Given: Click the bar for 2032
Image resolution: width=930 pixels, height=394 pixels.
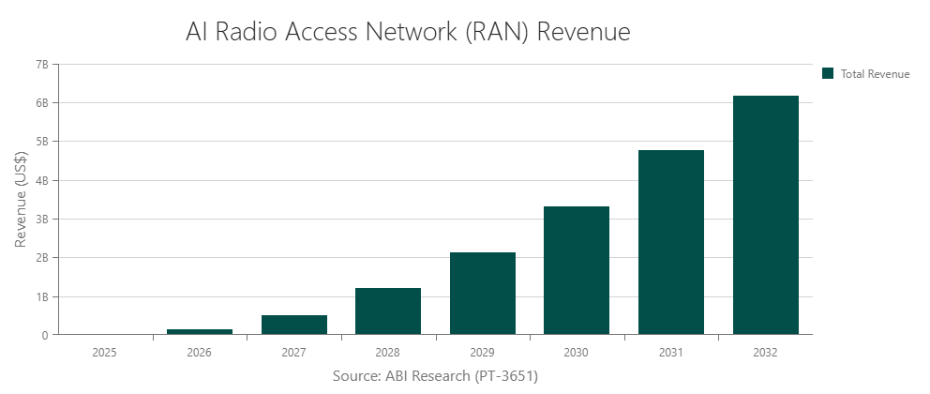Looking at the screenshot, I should (765, 215).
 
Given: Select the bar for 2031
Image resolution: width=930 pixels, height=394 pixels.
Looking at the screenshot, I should (671, 242).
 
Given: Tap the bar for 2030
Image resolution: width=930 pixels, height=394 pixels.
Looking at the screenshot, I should (577, 270).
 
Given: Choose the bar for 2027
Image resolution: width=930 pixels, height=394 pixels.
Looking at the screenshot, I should (294, 325).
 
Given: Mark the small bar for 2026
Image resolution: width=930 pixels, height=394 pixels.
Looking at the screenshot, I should (200, 331).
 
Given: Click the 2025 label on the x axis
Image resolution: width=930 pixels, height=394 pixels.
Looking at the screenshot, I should (105, 353).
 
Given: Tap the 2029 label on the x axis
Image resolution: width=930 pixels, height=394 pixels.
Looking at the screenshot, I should (483, 353).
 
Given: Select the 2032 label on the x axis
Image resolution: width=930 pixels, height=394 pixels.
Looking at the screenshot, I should (765, 353).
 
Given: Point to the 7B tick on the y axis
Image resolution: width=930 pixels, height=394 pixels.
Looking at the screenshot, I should (41, 64).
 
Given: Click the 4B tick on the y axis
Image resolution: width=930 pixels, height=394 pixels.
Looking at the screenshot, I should (41, 180).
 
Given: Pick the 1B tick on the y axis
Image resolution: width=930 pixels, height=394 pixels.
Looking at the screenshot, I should (41, 296).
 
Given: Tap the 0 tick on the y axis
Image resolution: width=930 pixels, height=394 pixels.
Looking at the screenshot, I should (44, 335).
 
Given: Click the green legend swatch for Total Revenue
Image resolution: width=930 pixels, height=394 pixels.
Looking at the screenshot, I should (828, 73).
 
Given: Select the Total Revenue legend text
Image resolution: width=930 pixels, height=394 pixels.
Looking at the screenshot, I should (875, 73).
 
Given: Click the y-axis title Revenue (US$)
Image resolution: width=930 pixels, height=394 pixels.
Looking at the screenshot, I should (21, 199).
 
